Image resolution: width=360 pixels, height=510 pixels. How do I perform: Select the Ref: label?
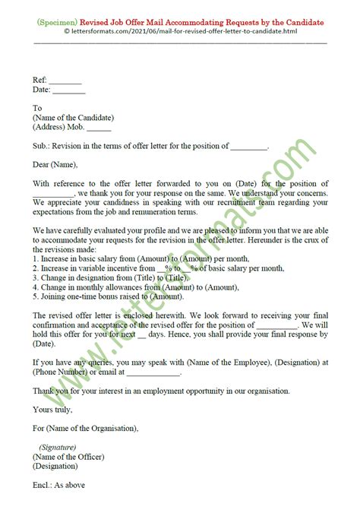pos(40,79)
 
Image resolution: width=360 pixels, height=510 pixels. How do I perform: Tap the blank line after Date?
pos(70,89)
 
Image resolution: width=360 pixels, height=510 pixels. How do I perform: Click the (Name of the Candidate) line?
pos(73,118)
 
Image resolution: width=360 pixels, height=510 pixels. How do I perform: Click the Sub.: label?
pos(43,145)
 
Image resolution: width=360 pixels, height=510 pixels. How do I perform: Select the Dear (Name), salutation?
pos(55,164)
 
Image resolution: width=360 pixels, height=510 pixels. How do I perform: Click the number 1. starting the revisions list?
pos(36,259)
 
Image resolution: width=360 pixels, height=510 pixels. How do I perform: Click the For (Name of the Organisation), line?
pos(86,428)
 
